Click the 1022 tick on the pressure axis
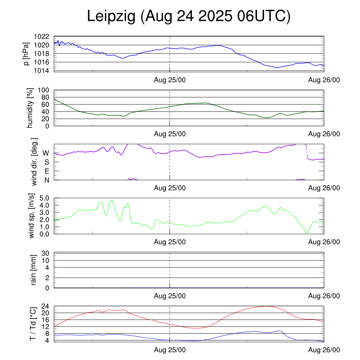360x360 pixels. [x=41, y=37]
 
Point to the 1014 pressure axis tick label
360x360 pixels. [x=41, y=71]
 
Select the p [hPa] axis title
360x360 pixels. [x=26, y=53]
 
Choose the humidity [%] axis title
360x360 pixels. [x=30, y=108]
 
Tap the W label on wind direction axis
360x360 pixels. [x=46, y=153]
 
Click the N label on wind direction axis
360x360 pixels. [x=46, y=180]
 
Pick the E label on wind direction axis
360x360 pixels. [x=46, y=171]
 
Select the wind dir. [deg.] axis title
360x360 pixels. [x=34, y=162]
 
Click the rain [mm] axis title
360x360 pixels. [x=34, y=270]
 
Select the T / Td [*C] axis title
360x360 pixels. [x=33, y=324]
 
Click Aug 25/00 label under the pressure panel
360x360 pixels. [x=170, y=80]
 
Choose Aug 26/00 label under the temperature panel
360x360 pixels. [x=324, y=350]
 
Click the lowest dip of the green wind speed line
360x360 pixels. [x=307, y=233]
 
